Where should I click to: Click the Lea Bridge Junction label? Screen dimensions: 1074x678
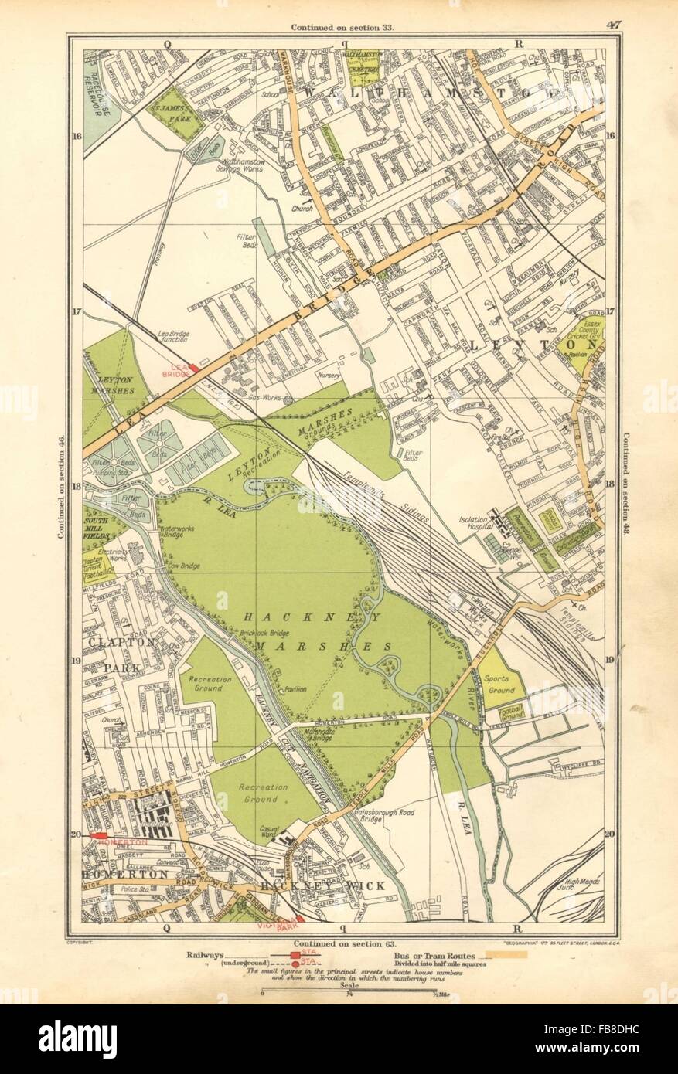173,335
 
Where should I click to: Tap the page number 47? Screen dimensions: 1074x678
614,25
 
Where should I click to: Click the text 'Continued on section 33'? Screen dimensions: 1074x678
342,29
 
